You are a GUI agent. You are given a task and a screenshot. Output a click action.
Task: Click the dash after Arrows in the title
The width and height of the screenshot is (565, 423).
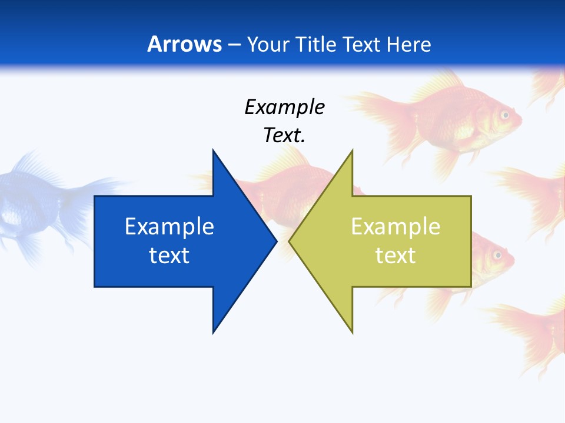point(234,45)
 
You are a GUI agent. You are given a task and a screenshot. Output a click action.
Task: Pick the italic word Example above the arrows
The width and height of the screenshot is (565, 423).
point(285,107)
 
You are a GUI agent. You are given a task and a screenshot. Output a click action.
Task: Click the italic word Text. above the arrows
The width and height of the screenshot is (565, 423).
point(285,135)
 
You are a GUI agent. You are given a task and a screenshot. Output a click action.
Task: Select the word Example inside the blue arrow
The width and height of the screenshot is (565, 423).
point(169,227)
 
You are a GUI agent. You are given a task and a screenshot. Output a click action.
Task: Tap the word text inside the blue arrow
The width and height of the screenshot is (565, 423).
point(169,256)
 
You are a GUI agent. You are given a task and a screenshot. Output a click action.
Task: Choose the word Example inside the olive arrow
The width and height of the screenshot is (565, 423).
point(395,227)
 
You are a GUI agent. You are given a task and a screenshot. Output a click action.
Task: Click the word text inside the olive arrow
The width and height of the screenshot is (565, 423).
point(395,256)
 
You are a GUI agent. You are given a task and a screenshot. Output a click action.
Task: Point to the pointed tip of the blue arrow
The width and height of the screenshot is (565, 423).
point(276,241)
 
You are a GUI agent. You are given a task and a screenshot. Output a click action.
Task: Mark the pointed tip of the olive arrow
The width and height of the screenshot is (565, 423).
point(290,241)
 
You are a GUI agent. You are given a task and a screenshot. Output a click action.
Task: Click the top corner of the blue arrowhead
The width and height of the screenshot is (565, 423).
point(213,150)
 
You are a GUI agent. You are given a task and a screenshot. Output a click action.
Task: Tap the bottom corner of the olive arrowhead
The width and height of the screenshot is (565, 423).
point(352,333)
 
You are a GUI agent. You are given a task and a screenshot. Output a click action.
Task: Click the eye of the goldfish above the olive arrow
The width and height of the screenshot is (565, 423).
point(504,115)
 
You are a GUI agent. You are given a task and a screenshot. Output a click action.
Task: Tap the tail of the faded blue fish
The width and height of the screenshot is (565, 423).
point(88,194)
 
